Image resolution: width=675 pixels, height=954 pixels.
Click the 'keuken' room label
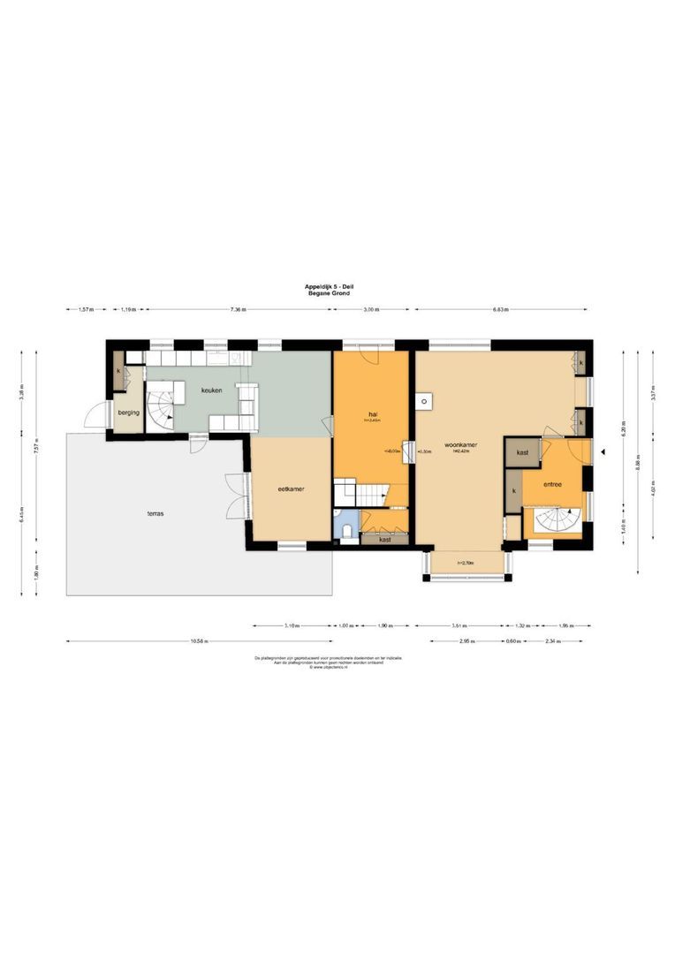210,390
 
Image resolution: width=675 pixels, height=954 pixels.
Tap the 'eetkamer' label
292,488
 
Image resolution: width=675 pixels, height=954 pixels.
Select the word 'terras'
155,512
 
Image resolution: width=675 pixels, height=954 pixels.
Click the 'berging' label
129,412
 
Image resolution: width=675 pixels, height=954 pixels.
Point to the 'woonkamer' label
461,446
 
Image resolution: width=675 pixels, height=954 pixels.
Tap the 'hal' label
374,413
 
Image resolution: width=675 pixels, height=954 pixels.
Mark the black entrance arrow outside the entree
603,452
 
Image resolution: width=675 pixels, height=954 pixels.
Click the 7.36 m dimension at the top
238,310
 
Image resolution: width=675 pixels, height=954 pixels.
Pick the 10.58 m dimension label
199,641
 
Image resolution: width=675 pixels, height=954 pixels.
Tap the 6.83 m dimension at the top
499,310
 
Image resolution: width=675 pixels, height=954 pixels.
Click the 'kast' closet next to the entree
523,452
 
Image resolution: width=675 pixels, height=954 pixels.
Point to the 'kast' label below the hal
385,538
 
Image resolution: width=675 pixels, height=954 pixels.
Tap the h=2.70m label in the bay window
466,562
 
